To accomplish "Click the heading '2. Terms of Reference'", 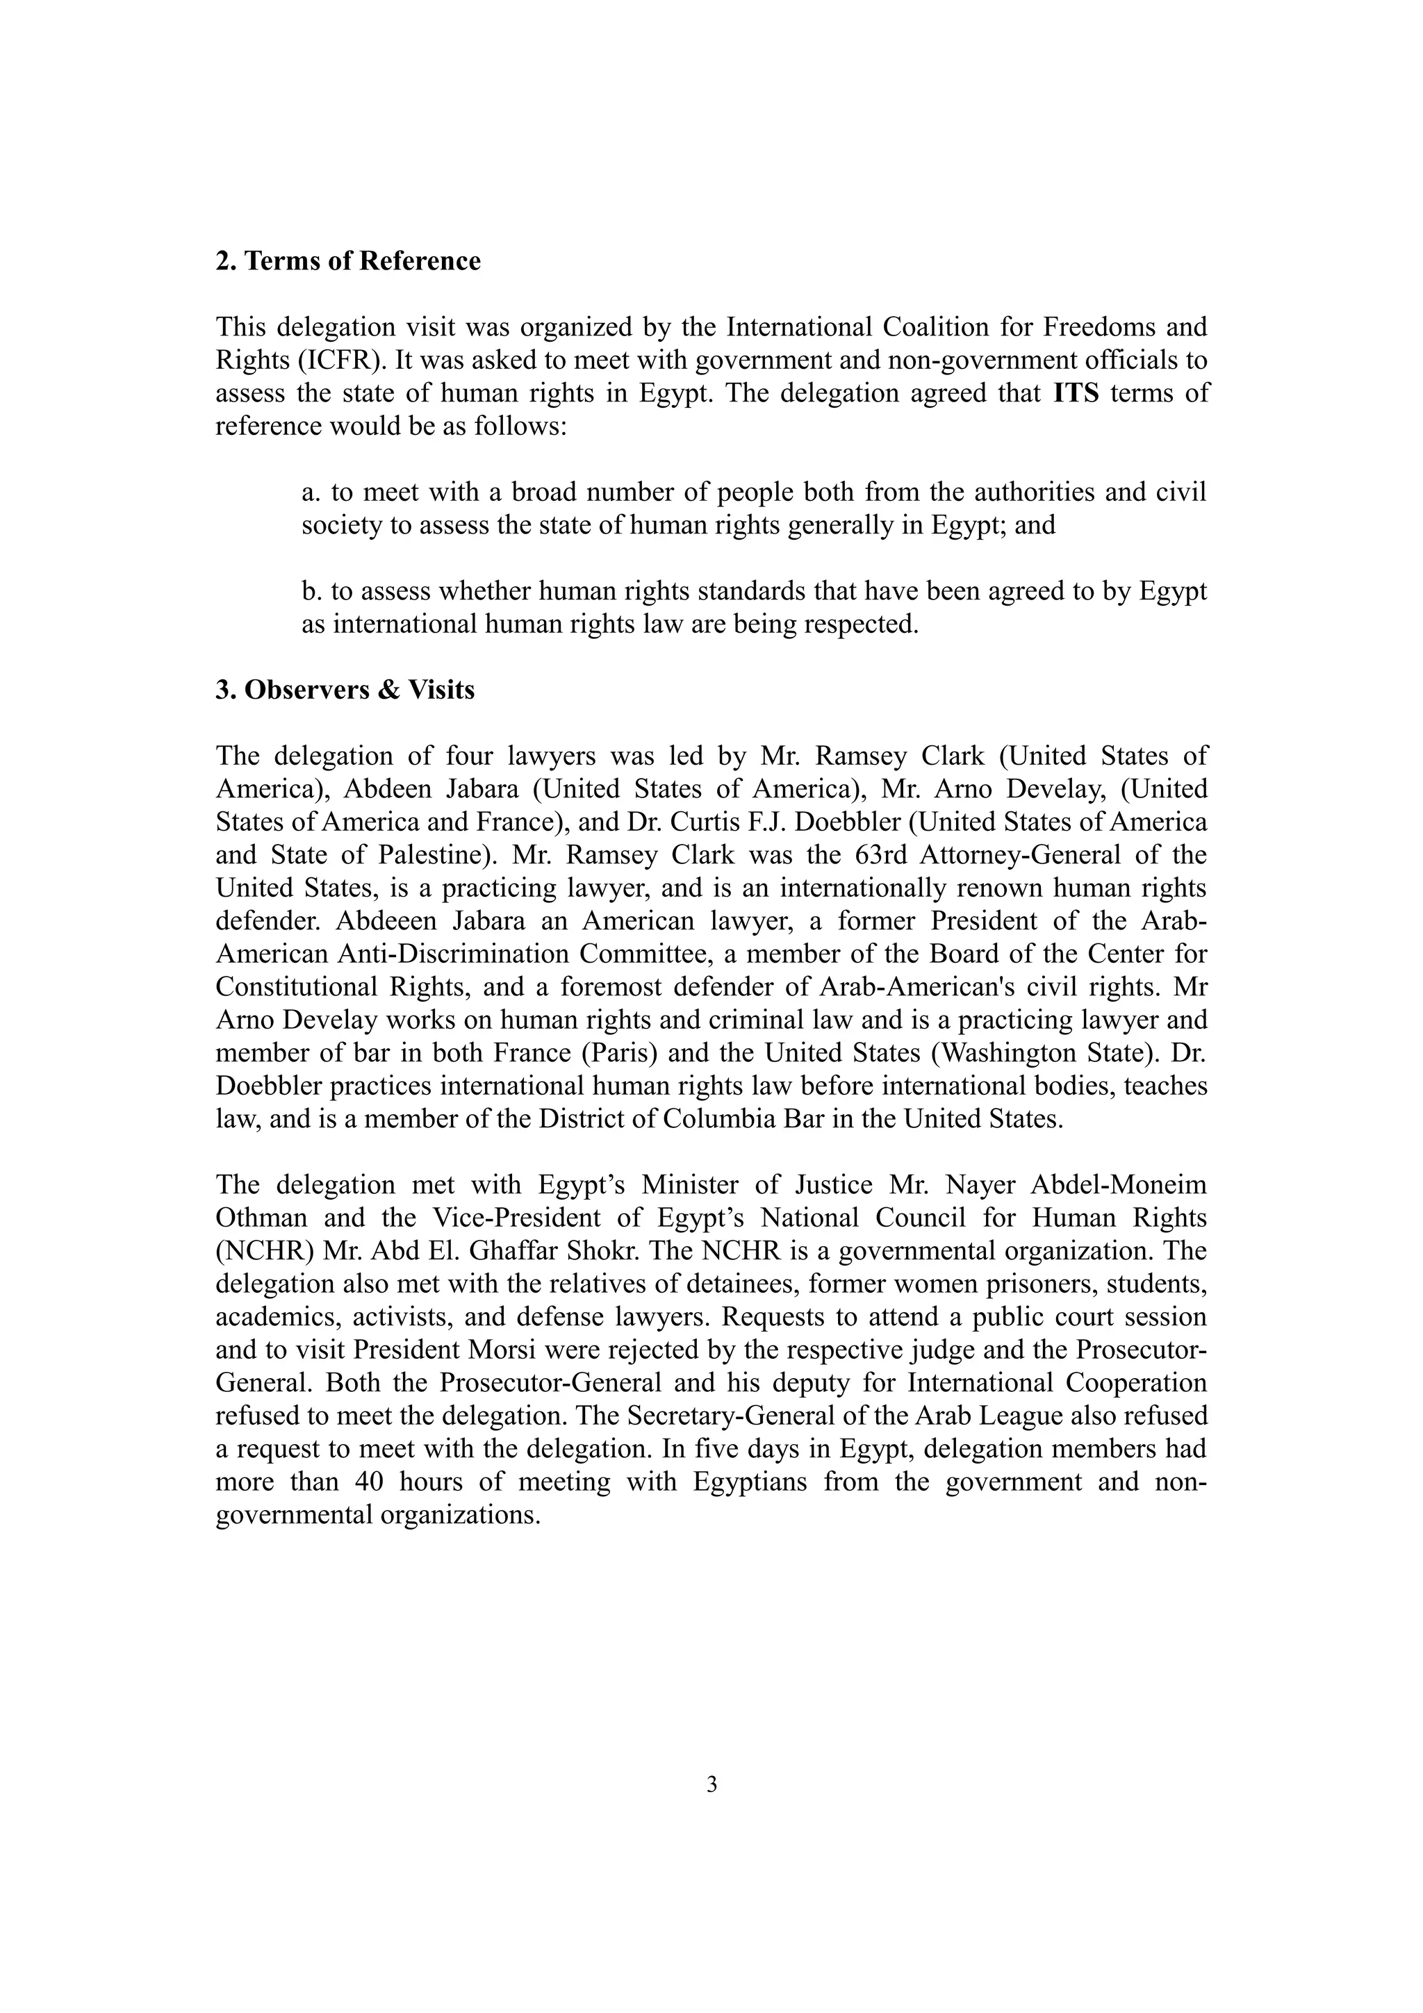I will click(x=348, y=261).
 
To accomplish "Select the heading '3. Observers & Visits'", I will click(x=345, y=690).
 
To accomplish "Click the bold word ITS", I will click(x=1076, y=392).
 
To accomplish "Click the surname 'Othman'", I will click(x=261, y=1218).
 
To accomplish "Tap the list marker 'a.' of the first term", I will click(x=312, y=492).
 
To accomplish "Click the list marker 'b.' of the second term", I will click(x=312, y=592).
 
